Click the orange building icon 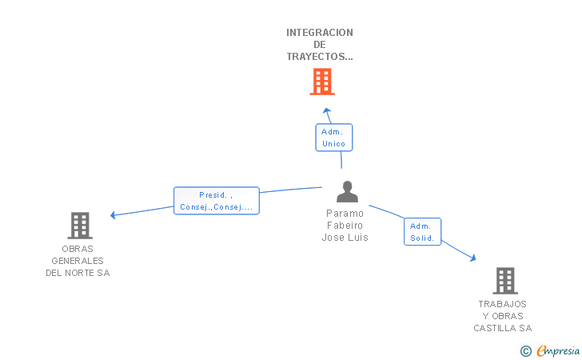[321, 82]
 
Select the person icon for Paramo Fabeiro [347, 192]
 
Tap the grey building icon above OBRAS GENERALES [80, 226]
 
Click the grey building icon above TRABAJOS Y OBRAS [504, 281]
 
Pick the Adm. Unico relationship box [333, 138]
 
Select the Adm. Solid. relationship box [422, 232]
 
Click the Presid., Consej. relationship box [217, 201]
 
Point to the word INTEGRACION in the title [320, 33]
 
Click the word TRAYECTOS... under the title [320, 57]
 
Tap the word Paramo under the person [345, 214]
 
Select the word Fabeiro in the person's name [345, 226]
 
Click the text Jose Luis [345, 238]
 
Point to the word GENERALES [78, 261]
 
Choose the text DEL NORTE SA [78, 273]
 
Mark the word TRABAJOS [502, 304]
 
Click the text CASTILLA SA [502, 328]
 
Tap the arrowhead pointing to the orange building [325, 110]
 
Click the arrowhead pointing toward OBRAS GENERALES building [114, 214]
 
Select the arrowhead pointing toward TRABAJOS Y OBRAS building [472, 258]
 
